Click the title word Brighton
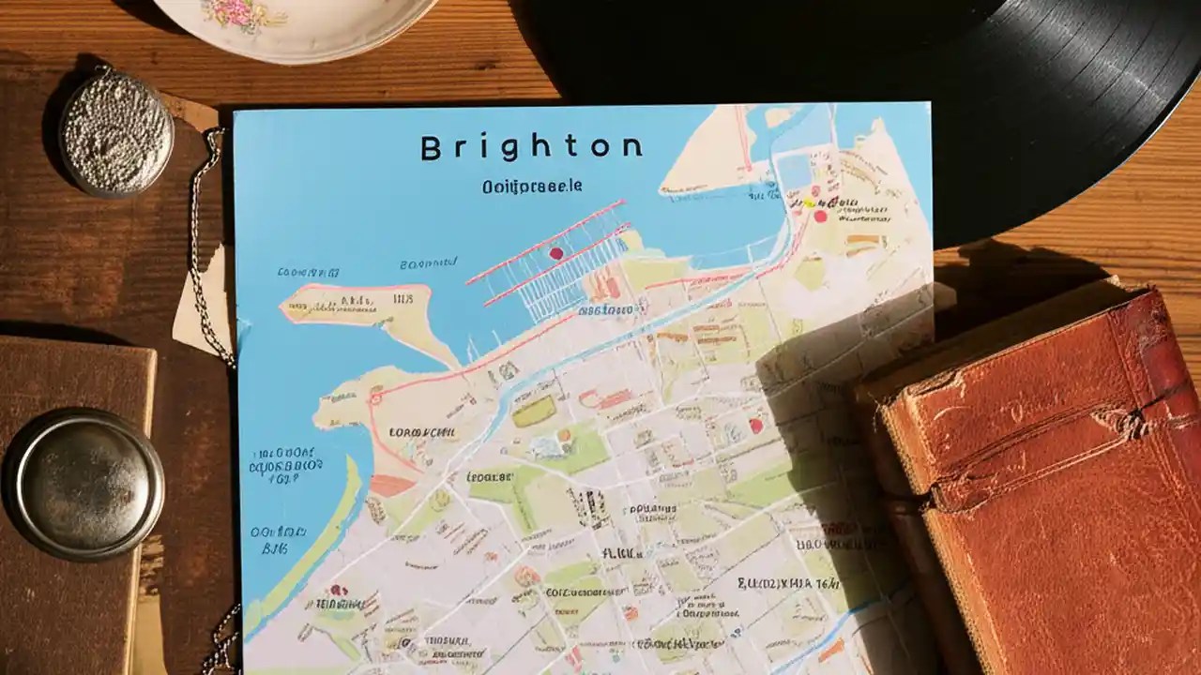[x=531, y=147]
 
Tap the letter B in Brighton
[x=431, y=148]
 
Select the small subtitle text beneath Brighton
[x=532, y=187]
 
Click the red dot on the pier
[x=555, y=253]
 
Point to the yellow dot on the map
[x=804, y=202]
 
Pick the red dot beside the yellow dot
[x=820, y=216]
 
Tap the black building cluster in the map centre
[x=590, y=507]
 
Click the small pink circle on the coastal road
[x=375, y=398]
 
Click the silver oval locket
[x=117, y=131]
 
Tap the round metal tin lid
[x=84, y=484]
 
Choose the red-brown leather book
[x=1041, y=469]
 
